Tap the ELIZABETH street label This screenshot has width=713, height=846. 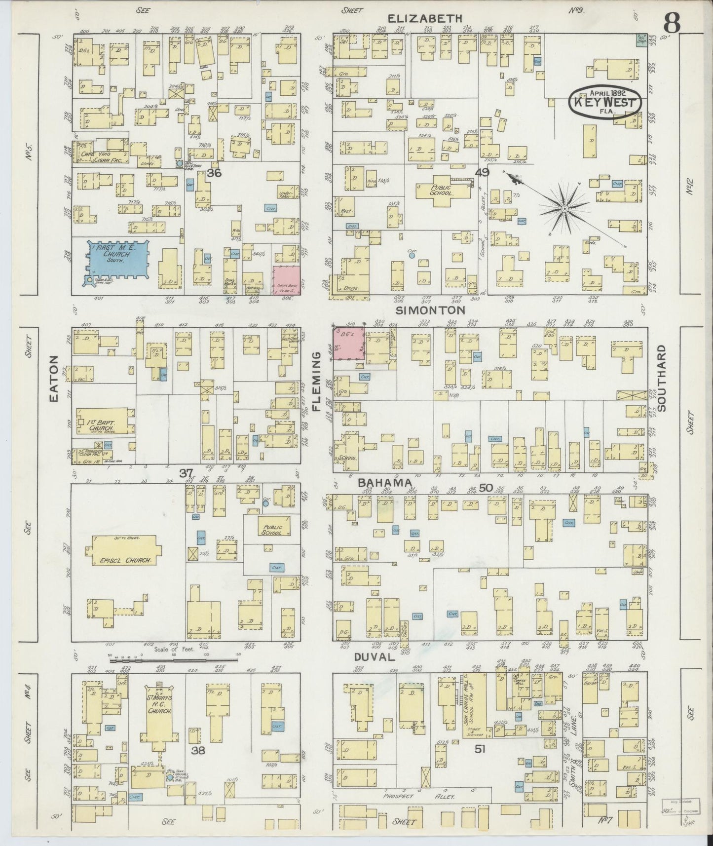(x=425, y=18)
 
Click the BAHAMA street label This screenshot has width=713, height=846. (x=384, y=483)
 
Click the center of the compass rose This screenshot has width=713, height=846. (x=564, y=209)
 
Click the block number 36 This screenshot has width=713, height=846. (x=214, y=173)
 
